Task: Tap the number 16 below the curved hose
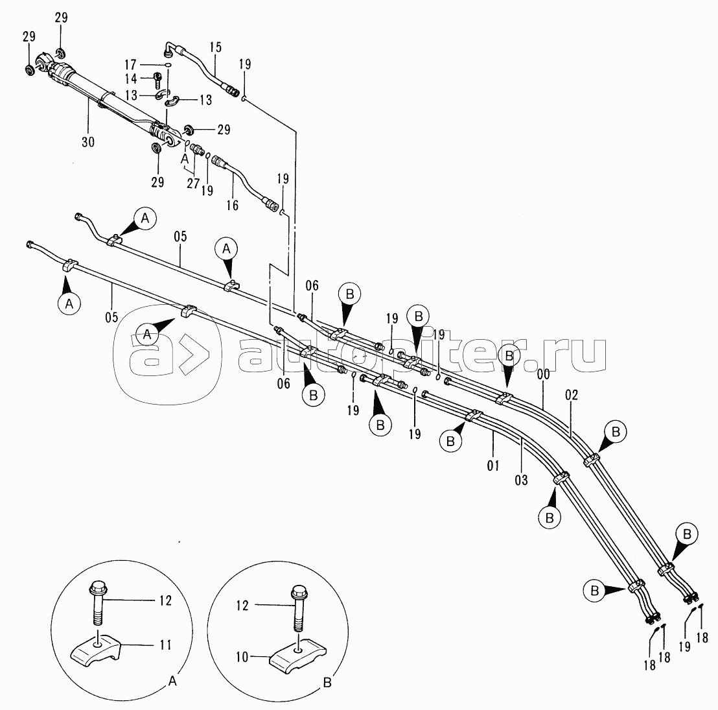pyautogui.click(x=232, y=206)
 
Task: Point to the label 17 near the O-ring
pyautogui.click(x=131, y=64)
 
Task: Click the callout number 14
pyautogui.click(x=131, y=79)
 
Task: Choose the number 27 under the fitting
pyautogui.click(x=192, y=183)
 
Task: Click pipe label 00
pyautogui.click(x=544, y=375)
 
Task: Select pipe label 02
pyautogui.click(x=571, y=395)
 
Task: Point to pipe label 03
pyautogui.click(x=520, y=480)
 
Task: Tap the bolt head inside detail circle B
pyautogui.click(x=298, y=593)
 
